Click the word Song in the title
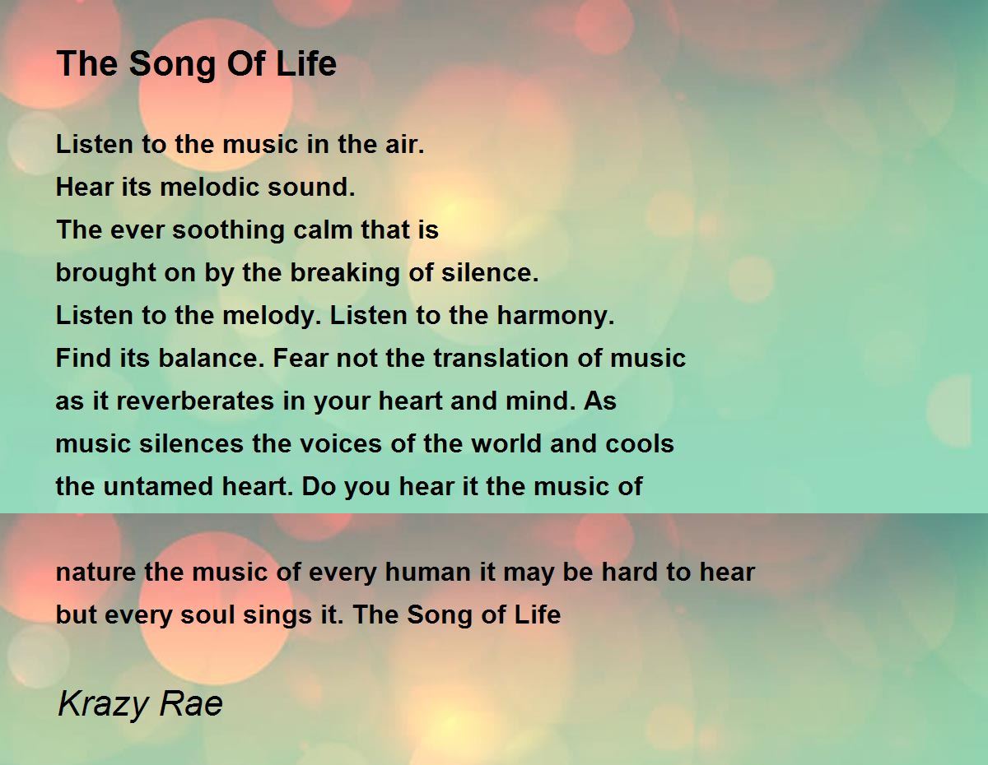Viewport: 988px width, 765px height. [173, 64]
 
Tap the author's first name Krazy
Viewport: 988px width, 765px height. [103, 705]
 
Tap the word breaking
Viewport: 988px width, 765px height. [345, 273]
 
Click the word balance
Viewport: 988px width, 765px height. [212, 358]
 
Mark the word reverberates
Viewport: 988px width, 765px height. [194, 401]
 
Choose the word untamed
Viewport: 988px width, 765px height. [158, 486]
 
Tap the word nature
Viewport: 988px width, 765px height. [96, 573]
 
